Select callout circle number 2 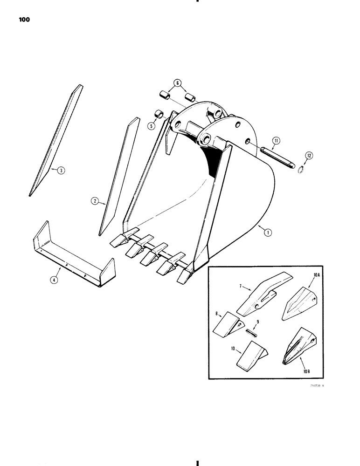click(x=94, y=201)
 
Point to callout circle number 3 click(x=61, y=170)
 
